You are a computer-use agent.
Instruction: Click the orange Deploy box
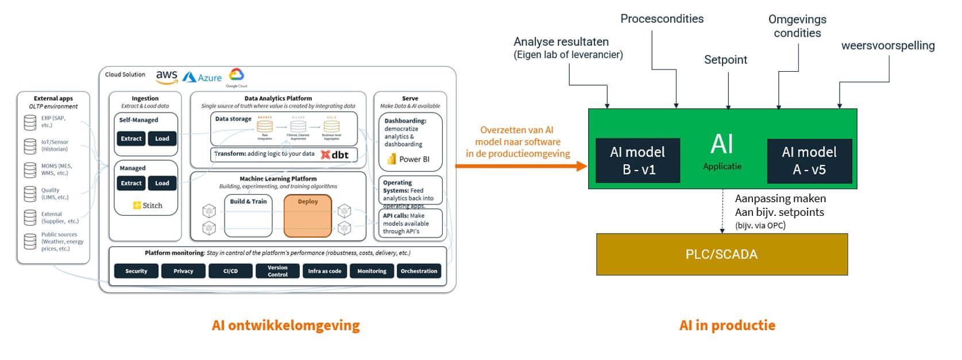[308, 216]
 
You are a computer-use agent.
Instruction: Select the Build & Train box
[248, 216]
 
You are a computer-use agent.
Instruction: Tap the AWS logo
[167, 76]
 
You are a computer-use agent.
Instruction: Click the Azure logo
[202, 78]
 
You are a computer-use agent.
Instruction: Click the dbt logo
[334, 154]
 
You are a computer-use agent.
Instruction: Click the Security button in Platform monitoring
[136, 271]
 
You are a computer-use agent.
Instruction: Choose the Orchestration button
[419, 271]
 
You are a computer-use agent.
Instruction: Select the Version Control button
[277, 271]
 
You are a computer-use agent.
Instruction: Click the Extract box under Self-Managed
[131, 138]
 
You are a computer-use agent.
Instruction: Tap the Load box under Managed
[162, 183]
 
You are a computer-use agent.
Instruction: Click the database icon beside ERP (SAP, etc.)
[30, 122]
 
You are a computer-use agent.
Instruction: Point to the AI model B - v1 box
[638, 160]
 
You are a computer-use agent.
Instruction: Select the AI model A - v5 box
[809, 160]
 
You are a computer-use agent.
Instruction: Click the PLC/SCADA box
[721, 254]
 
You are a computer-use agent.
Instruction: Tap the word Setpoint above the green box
[725, 60]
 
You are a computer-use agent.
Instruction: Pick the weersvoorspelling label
[887, 46]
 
